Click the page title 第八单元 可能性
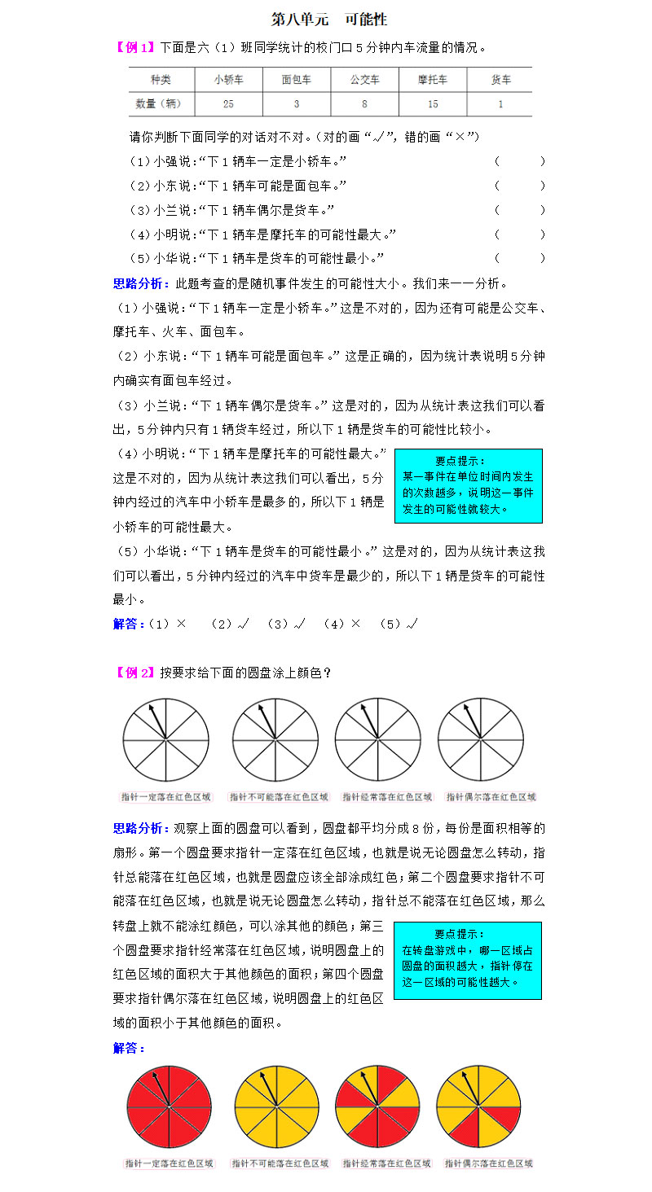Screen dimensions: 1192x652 pyautogui.click(x=328, y=19)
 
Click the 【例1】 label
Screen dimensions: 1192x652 pyautogui.click(x=134, y=47)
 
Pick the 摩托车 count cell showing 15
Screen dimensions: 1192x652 pyautogui.click(x=433, y=103)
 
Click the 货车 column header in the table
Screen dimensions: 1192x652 pyautogui.click(x=500, y=80)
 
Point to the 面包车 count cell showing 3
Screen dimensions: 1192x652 pyautogui.click(x=296, y=103)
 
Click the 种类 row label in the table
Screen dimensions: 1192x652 pyautogui.click(x=161, y=80)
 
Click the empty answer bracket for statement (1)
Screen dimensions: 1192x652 pyautogui.click(x=519, y=161)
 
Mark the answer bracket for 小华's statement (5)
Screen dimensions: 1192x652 pyautogui.click(x=519, y=258)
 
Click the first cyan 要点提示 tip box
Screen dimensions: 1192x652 pyautogui.click(x=468, y=485)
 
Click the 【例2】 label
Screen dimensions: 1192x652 pyautogui.click(x=134, y=673)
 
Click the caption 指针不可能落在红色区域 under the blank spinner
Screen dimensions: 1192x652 pyautogui.click(x=279, y=796)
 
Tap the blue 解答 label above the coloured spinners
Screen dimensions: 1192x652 pyautogui.click(x=129, y=1048)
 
